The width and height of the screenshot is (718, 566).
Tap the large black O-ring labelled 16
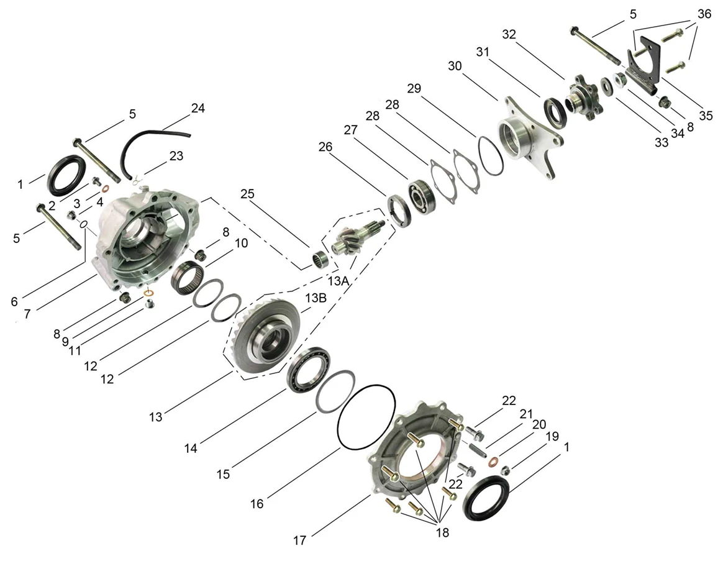[x=366, y=417]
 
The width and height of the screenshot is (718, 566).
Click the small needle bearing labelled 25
[x=320, y=260]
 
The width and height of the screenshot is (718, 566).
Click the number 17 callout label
[x=299, y=541]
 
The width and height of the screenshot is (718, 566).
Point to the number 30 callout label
[x=455, y=66]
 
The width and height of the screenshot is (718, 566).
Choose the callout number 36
[x=704, y=14]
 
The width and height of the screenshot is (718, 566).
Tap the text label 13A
[x=339, y=281]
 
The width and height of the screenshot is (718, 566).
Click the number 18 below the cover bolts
[x=442, y=532]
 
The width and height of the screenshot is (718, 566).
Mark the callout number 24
[x=198, y=108]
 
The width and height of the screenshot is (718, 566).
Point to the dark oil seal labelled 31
[x=555, y=112]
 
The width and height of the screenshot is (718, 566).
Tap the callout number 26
[x=325, y=147]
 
